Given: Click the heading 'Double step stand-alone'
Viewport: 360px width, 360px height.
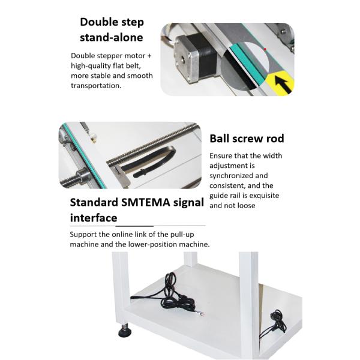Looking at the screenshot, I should [x=112, y=29].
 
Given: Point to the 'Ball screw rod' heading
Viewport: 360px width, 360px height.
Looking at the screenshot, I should [x=247, y=139].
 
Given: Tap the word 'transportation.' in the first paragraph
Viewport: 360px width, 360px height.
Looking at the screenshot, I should [x=96, y=86].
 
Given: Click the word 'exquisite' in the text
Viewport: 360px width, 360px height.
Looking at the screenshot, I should [x=263, y=196].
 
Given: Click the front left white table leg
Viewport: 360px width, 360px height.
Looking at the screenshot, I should [x=121, y=288].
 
